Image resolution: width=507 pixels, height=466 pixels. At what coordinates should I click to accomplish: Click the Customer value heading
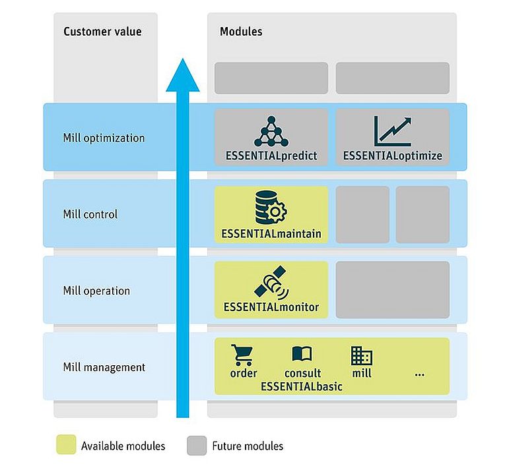[102, 31]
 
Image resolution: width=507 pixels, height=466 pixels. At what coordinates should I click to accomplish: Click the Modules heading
[241, 31]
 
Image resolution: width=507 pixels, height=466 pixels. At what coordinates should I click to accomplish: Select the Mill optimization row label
[104, 138]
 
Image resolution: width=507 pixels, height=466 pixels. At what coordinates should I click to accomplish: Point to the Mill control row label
[90, 214]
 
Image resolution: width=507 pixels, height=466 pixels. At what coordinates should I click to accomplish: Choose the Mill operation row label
[96, 291]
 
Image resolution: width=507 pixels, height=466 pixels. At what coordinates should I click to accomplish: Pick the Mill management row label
[104, 367]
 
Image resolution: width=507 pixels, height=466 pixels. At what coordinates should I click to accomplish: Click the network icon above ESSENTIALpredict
[271, 131]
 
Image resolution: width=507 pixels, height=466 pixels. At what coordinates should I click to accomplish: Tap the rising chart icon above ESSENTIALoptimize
[392, 131]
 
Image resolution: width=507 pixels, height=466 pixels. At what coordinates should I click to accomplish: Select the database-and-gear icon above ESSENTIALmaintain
[271, 207]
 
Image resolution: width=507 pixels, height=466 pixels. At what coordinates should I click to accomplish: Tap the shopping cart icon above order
[243, 356]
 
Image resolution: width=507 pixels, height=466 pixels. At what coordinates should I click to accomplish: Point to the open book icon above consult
[302, 355]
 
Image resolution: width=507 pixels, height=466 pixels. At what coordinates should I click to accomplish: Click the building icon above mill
[362, 356]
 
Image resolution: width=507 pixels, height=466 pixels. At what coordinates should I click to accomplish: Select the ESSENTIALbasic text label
[302, 386]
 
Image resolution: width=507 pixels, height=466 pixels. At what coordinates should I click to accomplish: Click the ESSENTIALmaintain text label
[271, 233]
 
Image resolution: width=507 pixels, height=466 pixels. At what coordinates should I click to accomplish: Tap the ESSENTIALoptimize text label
[393, 157]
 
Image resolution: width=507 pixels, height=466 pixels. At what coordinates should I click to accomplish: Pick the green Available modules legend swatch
[65, 446]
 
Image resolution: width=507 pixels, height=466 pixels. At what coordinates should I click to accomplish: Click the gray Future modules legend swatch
[196, 446]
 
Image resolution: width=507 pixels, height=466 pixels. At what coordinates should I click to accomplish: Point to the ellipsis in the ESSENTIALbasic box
[420, 374]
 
